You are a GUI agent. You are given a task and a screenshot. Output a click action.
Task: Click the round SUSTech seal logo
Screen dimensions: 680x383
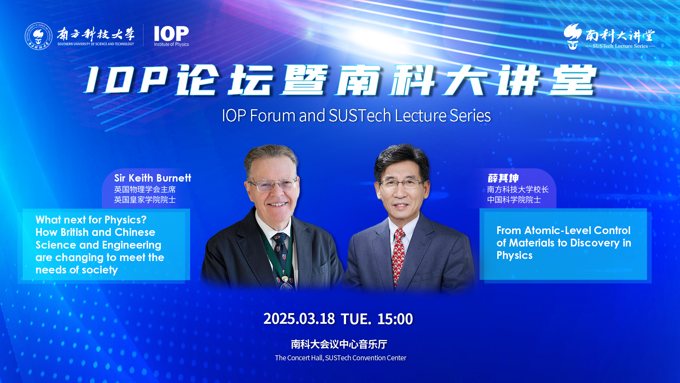pyautogui.click(x=38, y=36)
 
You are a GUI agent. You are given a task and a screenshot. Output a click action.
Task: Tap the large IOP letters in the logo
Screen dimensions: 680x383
pyautogui.click(x=171, y=34)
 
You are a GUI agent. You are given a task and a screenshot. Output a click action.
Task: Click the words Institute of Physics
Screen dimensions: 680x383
pyautogui.click(x=171, y=44)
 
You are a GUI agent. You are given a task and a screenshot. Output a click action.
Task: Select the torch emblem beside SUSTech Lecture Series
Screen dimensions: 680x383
pyautogui.click(x=573, y=36)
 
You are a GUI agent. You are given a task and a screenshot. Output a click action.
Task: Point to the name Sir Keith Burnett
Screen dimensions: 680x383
pyautogui.click(x=153, y=178)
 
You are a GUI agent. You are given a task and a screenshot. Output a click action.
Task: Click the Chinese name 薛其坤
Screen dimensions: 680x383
pyautogui.click(x=503, y=178)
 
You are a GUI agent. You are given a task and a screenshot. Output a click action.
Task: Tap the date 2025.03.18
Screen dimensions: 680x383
pyautogui.click(x=299, y=319)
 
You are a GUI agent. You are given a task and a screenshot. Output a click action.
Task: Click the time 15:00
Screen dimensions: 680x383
pyautogui.click(x=395, y=319)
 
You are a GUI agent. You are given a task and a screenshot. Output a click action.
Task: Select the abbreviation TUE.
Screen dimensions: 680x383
pyautogui.click(x=356, y=319)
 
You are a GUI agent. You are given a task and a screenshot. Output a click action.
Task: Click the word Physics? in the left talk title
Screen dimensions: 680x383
pyautogui.click(x=125, y=220)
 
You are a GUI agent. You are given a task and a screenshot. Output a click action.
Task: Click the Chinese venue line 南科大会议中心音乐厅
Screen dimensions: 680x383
pyautogui.click(x=339, y=344)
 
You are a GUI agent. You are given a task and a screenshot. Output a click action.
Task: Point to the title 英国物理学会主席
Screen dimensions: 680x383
pyautogui.click(x=145, y=189)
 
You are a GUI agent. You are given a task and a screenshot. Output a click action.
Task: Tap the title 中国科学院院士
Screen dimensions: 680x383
pyautogui.click(x=514, y=200)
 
